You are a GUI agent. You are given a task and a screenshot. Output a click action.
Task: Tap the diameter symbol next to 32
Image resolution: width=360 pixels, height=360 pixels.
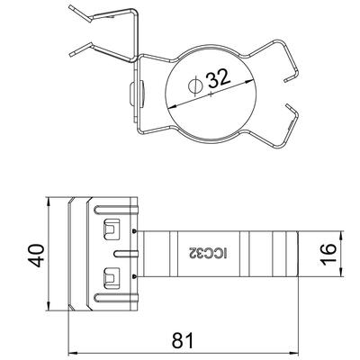[195, 85]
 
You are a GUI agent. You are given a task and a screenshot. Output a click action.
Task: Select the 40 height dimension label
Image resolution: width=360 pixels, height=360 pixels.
[38, 256]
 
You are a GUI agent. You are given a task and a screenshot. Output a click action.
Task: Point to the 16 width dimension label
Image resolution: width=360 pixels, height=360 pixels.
[328, 254]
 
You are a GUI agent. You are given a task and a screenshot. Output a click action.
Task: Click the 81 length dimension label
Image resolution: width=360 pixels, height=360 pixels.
[184, 340]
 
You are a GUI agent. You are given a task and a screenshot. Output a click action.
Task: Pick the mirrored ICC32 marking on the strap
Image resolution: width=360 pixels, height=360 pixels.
[208, 254]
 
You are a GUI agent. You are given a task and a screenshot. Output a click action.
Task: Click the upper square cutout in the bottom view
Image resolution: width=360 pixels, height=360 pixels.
[112, 229]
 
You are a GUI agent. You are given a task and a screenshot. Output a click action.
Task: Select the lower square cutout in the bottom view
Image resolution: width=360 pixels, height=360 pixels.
[112, 278]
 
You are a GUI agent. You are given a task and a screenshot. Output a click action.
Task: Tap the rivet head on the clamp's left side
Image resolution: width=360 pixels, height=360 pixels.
[132, 93]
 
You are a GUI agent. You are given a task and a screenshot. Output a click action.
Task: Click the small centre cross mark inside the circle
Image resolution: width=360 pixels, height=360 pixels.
[211, 94]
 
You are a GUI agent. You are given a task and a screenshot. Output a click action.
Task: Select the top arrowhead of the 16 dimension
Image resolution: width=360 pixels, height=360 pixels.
[342, 236]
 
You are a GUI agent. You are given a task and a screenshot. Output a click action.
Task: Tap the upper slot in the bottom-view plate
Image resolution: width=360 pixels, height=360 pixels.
[116, 210]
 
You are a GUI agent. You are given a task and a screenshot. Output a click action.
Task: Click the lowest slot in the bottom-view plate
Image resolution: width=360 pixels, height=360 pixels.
[116, 298]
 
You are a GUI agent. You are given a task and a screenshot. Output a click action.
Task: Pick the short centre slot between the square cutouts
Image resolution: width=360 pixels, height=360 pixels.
[126, 254]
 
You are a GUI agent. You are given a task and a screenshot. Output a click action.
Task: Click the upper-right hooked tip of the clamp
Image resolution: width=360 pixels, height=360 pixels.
[286, 80]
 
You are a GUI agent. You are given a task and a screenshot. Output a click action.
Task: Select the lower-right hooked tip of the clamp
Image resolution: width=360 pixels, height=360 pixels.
[287, 105]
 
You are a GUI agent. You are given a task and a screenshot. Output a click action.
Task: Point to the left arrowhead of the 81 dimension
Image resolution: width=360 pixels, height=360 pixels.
[73, 353]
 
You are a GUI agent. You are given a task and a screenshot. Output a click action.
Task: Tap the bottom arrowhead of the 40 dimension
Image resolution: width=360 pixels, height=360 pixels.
[49, 306]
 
